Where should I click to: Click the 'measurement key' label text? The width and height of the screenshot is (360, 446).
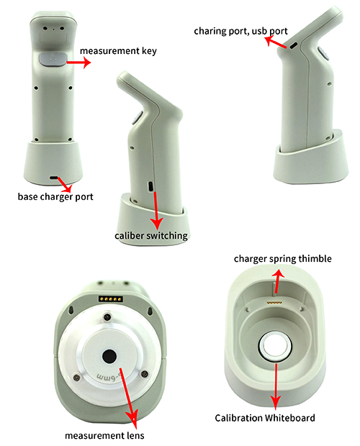point(118,51)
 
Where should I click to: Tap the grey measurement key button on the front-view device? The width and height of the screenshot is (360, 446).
point(53,59)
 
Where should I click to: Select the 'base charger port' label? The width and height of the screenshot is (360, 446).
point(55,197)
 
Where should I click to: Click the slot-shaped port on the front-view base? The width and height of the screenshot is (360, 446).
point(54,178)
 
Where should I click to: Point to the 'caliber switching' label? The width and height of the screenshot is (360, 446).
point(151,236)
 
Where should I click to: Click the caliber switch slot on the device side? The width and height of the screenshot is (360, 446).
point(150,186)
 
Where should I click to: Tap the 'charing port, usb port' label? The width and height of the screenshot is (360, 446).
point(240,31)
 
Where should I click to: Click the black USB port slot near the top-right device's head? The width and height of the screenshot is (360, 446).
point(294,45)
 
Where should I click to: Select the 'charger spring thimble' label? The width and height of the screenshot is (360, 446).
point(282,259)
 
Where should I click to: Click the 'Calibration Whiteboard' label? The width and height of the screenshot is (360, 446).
point(265,418)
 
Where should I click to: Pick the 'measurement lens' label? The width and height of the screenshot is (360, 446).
point(104,436)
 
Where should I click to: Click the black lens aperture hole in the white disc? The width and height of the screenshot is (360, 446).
point(109,356)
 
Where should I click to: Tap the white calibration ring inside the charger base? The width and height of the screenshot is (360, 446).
point(275,346)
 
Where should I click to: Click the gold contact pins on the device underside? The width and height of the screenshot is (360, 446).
point(111,299)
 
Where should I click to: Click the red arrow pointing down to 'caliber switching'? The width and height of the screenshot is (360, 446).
point(156,211)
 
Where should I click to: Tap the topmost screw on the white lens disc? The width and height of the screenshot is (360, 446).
point(107,317)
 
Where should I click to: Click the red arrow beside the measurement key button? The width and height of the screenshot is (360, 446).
point(78,63)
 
